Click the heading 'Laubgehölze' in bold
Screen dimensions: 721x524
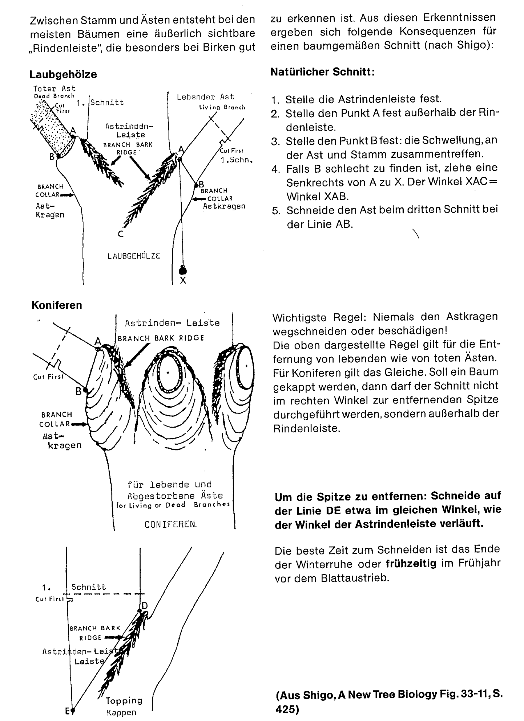[x=63, y=74]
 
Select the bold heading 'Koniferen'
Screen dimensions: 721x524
[x=57, y=305]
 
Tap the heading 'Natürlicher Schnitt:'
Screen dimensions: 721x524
[x=323, y=72]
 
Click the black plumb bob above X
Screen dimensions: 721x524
[x=183, y=271]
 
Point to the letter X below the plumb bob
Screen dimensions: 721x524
[x=183, y=281]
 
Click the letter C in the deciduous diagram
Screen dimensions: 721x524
[x=121, y=234]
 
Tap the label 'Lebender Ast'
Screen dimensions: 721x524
[x=205, y=97]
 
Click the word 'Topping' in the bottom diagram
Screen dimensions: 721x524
[x=124, y=701]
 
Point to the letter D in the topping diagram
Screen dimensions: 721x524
[x=145, y=606]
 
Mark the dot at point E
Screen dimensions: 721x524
[x=73, y=710]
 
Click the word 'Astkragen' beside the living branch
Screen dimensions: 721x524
[x=224, y=206]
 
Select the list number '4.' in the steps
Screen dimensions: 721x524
[x=275, y=169]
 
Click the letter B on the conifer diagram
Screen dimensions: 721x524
[x=79, y=392]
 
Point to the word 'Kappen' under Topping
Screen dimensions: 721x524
[x=121, y=713]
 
